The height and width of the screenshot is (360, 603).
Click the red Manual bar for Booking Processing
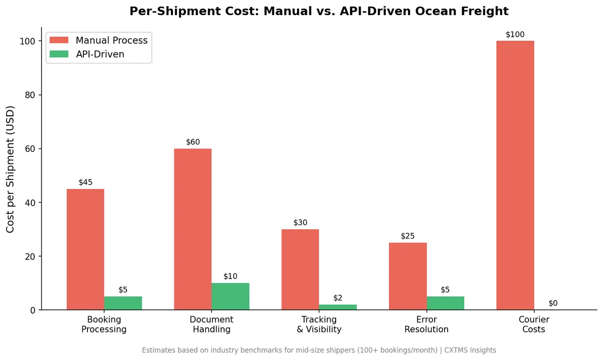85,249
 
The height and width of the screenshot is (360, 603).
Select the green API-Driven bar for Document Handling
230,297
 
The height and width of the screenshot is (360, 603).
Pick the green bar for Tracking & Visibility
338,307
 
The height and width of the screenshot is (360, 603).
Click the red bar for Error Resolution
408,276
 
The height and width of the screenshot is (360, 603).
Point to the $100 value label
515,35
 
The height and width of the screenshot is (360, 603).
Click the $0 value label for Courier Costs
553,303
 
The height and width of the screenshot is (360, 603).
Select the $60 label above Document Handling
193,142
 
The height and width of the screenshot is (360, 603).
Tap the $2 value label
338,298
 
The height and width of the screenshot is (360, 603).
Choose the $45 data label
85,183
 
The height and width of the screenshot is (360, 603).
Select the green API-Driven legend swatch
59,54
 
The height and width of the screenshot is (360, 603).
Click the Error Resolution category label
426,324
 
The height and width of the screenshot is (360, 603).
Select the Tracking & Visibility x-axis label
319,324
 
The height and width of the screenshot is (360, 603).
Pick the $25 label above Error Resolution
408,236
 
